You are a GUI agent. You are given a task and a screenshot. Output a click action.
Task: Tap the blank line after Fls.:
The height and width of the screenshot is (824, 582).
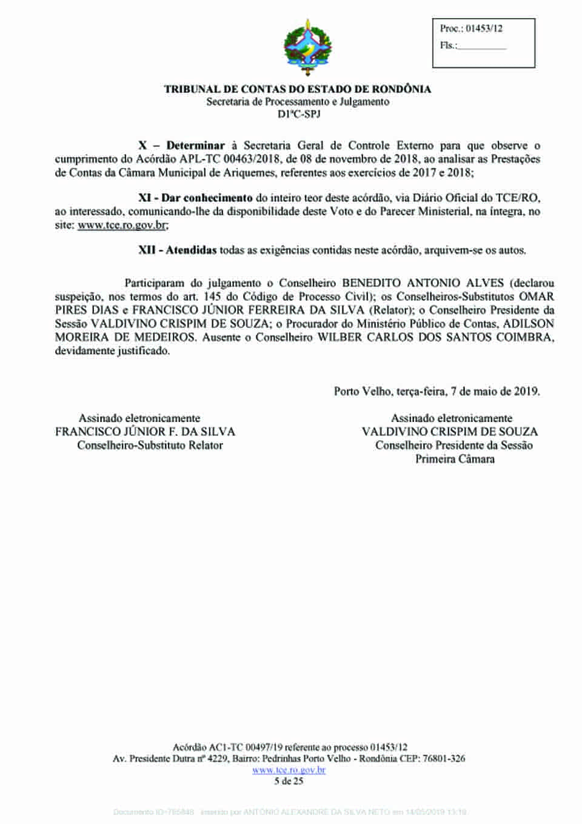pyautogui.click(x=481, y=46)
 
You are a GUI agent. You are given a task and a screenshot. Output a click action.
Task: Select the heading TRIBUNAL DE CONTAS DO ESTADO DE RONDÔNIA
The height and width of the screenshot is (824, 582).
pyautogui.click(x=298, y=89)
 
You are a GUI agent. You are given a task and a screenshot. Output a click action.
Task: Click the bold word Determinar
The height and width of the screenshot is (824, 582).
pyautogui.click(x=195, y=146)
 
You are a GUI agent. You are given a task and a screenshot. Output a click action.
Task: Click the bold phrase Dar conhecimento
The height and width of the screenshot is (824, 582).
pyautogui.click(x=207, y=198)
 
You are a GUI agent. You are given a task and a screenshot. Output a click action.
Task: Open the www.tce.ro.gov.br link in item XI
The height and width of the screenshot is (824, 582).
pyautogui.click(x=122, y=225)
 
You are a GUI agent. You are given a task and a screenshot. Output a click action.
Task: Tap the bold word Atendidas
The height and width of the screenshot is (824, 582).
pyautogui.click(x=191, y=250)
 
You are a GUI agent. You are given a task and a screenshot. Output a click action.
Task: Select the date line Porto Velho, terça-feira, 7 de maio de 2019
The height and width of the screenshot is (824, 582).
pyautogui.click(x=436, y=391)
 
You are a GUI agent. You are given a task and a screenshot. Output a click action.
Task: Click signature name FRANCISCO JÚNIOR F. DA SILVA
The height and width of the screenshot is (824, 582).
pyautogui.click(x=145, y=432)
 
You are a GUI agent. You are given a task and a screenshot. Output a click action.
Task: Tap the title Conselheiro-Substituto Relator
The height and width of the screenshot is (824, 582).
pyautogui.click(x=150, y=446)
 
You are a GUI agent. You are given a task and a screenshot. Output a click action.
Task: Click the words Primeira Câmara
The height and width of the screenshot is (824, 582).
pyautogui.click(x=455, y=459)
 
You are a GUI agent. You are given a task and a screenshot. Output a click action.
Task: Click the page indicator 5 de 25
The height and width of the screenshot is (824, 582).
pyautogui.click(x=289, y=781)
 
